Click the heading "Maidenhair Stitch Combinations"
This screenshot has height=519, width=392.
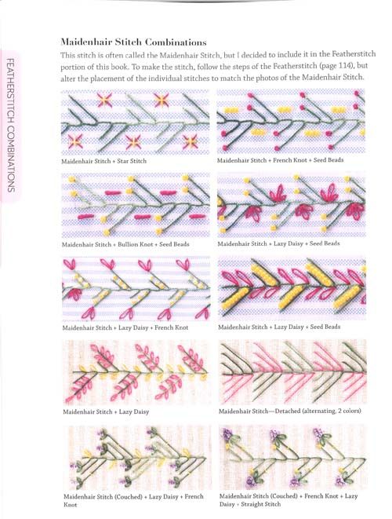133,42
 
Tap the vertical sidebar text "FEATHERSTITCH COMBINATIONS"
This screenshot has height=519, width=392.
11,125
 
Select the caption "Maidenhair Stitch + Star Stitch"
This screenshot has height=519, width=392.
103,161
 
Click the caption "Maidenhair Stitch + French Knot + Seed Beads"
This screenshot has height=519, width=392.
281,160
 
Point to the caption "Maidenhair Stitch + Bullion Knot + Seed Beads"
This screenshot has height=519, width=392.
125,245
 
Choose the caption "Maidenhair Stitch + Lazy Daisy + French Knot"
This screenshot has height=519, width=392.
125,327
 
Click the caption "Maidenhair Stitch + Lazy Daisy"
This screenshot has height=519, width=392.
106,411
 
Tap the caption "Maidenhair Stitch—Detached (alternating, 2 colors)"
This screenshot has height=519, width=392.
290,411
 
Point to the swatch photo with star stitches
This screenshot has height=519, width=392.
135,122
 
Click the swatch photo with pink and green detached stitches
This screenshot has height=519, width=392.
292,372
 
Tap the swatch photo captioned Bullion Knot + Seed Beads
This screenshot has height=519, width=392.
136,205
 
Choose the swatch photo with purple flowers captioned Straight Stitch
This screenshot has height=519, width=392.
293,457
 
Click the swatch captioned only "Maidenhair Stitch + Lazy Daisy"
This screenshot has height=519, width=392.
136,373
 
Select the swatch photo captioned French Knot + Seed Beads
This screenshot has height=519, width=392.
291,121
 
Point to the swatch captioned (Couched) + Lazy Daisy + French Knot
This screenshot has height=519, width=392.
137,458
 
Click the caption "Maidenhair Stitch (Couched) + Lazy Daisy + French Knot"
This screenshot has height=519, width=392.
133,500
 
